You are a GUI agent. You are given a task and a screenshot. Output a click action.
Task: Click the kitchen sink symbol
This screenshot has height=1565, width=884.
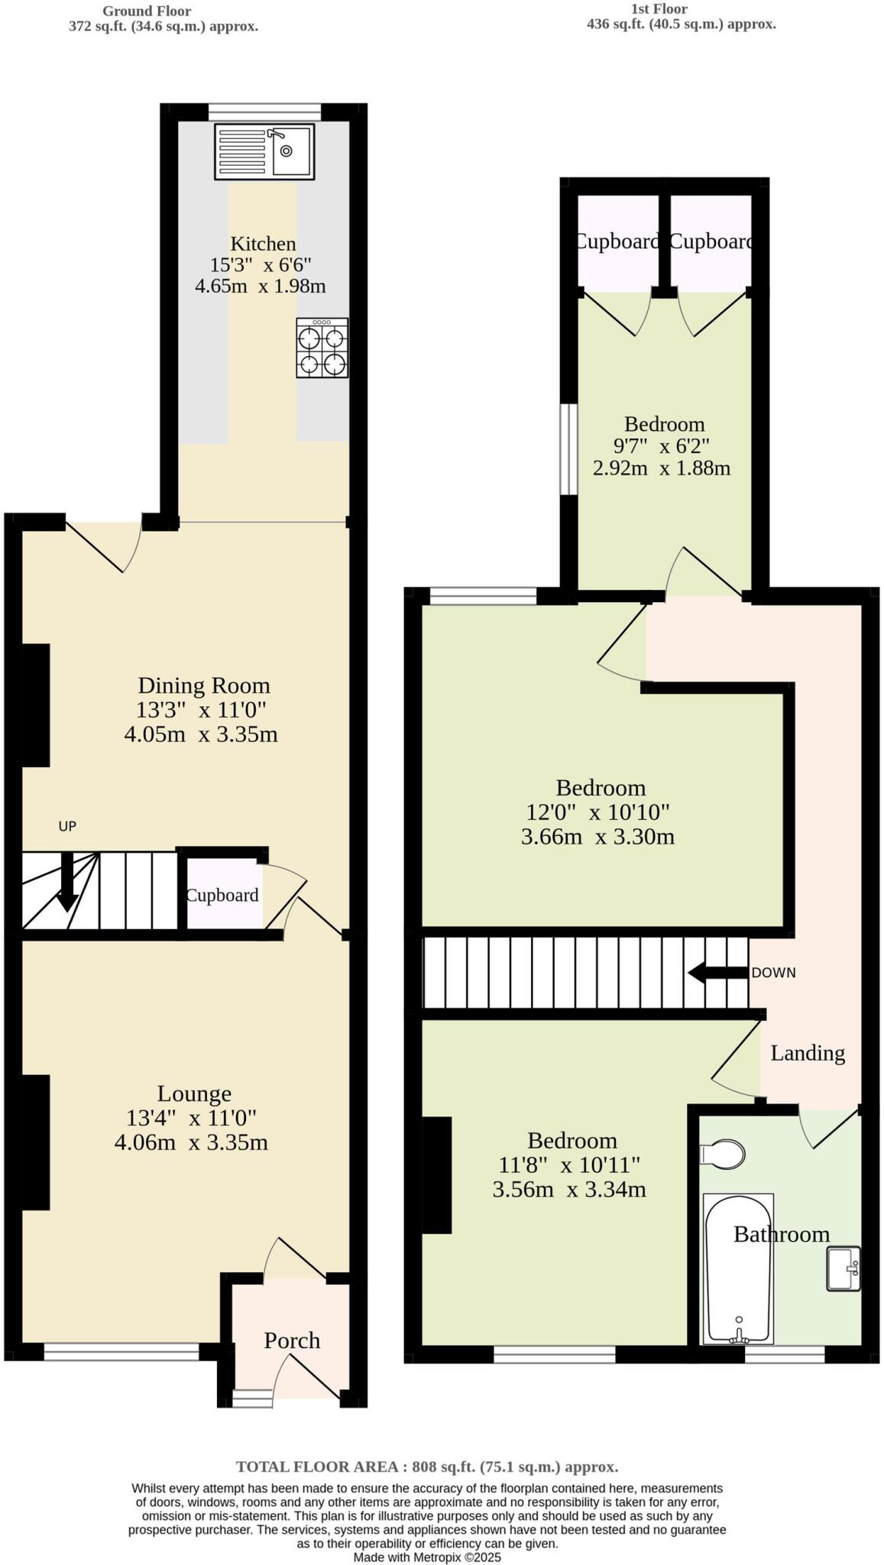[264, 152]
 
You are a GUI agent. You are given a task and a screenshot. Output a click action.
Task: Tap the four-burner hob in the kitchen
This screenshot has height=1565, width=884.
[322, 348]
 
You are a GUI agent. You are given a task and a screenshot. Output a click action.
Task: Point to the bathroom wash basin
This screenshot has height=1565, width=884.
[843, 1269]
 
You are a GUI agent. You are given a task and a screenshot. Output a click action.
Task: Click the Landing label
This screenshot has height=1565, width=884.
[807, 1053]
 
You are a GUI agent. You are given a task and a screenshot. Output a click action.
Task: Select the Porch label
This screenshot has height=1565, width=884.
[291, 1340]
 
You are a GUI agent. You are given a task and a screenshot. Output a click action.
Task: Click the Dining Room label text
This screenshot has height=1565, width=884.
[203, 685]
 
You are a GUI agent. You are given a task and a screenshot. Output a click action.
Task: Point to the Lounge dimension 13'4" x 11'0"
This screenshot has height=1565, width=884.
[191, 1118]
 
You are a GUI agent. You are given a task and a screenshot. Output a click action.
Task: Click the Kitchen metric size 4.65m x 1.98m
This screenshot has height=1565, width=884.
[260, 287]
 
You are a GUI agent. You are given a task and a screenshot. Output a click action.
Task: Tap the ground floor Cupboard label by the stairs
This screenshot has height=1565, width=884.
[222, 895]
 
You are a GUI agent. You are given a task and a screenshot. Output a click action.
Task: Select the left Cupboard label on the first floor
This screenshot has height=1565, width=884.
[616, 241]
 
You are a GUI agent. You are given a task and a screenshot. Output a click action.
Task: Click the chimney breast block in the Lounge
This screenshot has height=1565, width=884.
[35, 1142]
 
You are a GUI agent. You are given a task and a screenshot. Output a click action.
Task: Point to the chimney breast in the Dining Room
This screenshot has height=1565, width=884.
[35, 705]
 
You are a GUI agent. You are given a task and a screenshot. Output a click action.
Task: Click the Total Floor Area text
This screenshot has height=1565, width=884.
[426, 1466]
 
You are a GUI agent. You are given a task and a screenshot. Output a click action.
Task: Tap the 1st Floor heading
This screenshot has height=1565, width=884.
[659, 9]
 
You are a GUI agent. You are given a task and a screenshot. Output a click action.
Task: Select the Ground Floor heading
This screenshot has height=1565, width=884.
[147, 11]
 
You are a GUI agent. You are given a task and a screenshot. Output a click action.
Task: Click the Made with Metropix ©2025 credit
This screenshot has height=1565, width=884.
[426, 1557]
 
